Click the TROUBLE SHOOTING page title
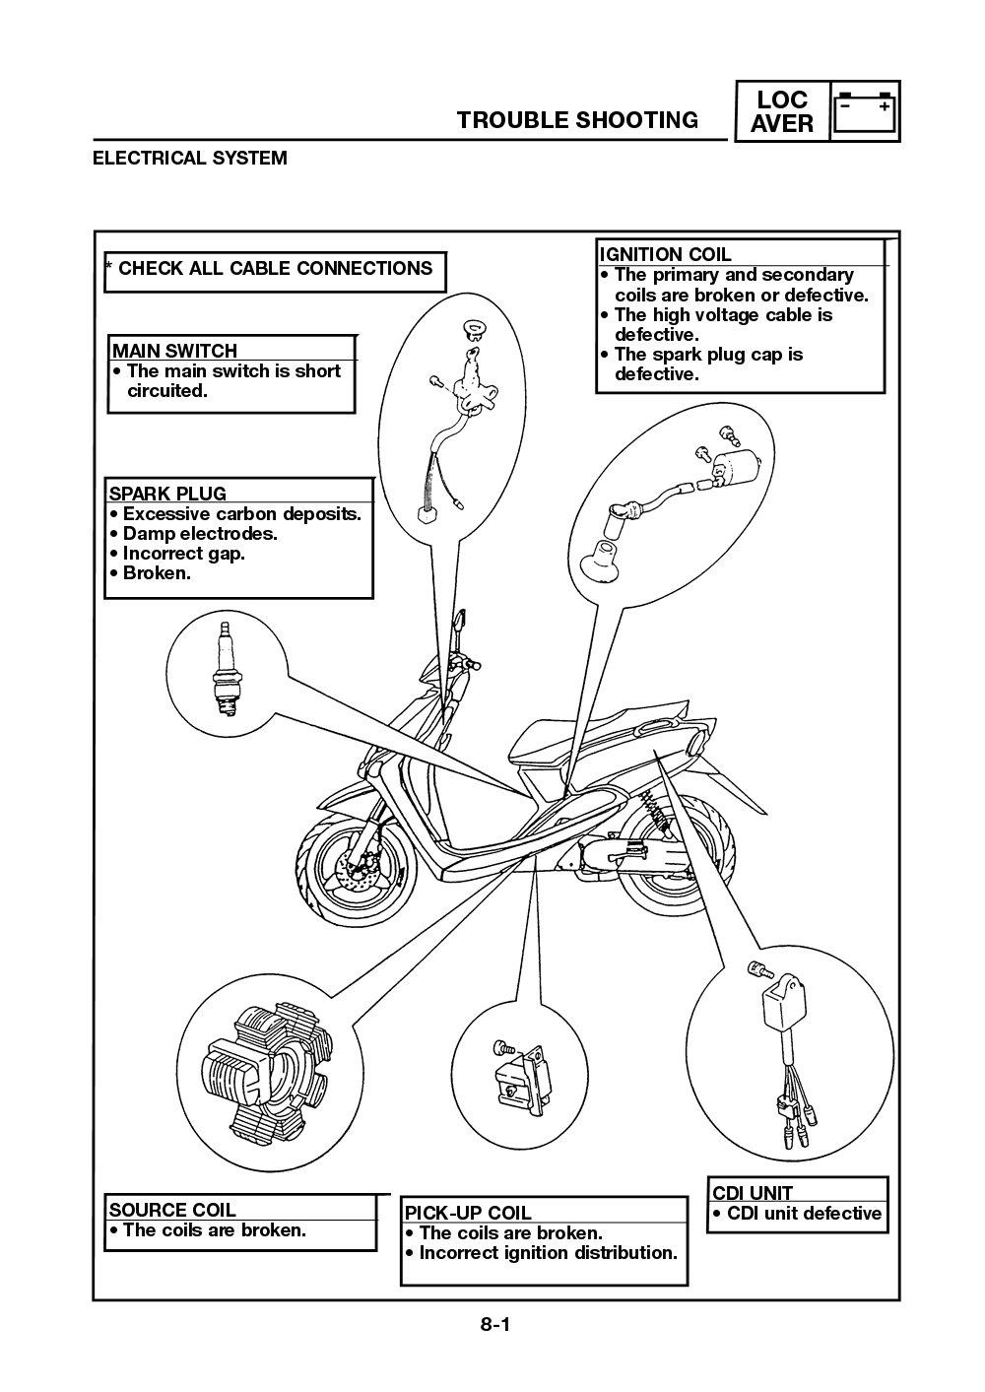[577, 120]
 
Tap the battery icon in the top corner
[865, 111]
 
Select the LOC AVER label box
[783, 111]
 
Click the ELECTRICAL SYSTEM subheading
[190, 158]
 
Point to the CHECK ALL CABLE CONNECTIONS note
[275, 269]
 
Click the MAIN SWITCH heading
[174, 351]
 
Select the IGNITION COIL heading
[666, 254]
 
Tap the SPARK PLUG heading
[167, 494]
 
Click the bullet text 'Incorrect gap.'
[183, 554]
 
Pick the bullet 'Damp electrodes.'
[199, 534]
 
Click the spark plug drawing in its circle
[226, 665]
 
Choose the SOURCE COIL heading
[172, 1210]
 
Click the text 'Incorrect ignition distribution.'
[548, 1253]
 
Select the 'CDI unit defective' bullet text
[803, 1214]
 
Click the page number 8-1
[494, 1325]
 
